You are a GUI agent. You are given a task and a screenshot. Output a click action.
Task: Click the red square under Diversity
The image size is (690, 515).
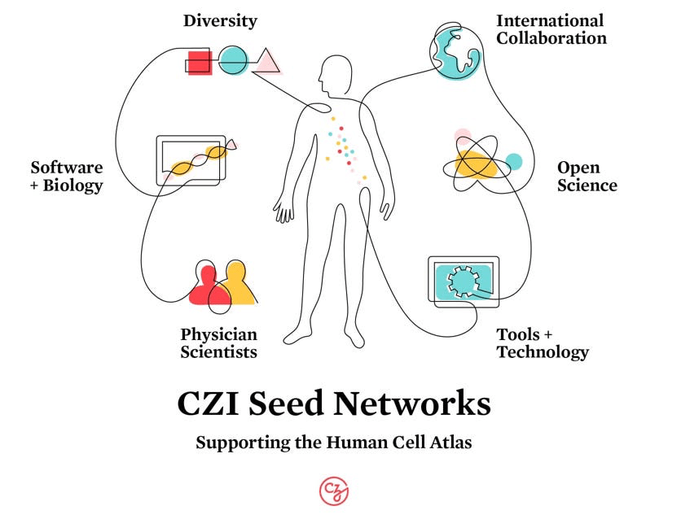coord(200,63)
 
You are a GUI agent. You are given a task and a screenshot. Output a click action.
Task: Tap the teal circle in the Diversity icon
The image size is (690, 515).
coord(233,59)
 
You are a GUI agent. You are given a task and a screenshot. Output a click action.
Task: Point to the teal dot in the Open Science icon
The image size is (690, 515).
coord(514,161)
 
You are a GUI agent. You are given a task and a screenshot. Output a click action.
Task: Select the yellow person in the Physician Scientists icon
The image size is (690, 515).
coord(237,282)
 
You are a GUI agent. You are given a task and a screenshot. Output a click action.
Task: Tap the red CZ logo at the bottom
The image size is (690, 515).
coord(334,490)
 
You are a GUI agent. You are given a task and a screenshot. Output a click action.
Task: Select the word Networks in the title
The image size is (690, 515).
coord(420,404)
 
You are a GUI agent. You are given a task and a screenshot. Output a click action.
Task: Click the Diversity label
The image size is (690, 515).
coord(220,20)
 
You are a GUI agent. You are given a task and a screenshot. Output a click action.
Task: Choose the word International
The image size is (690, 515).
coord(550,20)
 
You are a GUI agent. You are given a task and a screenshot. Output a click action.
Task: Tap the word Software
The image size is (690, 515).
coord(67,168)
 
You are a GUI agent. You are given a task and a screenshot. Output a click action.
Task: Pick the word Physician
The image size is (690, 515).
coord(218,334)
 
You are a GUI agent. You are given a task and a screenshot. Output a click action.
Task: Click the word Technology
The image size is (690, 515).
coord(543,352)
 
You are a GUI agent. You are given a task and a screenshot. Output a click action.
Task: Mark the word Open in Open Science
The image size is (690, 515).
coord(578,168)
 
